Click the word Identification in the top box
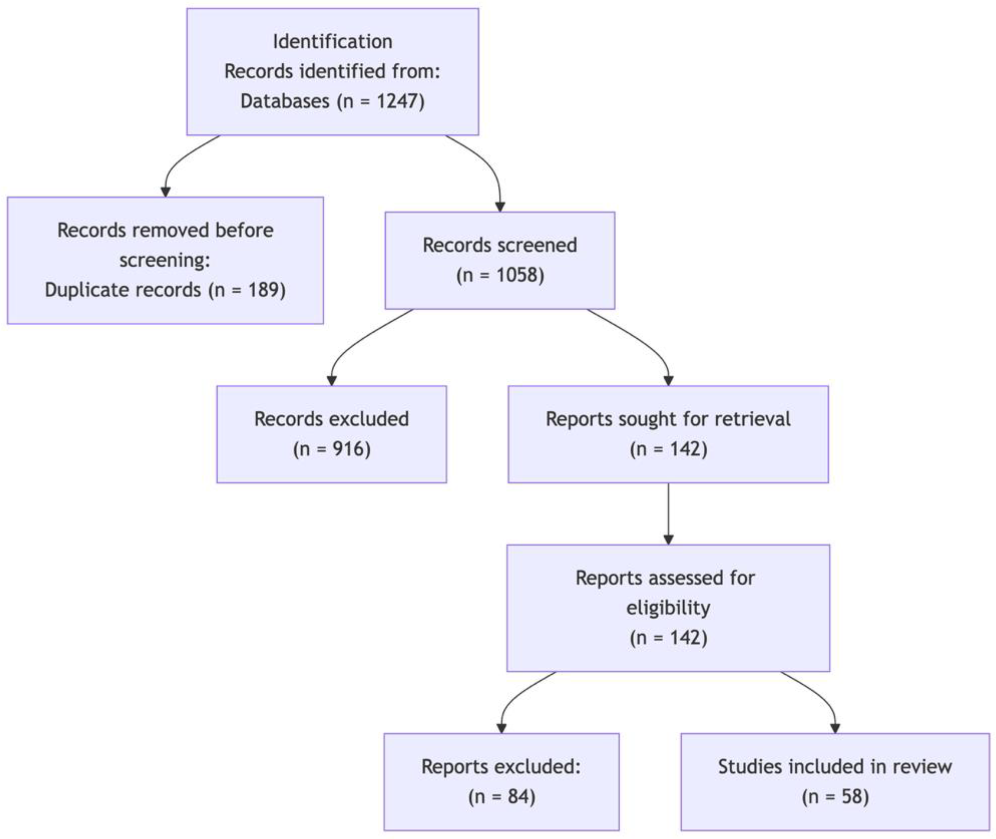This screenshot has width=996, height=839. point(332,42)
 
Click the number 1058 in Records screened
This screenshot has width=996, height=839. point(517,275)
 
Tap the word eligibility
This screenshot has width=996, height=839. point(668,608)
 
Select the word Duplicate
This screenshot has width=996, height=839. point(123,290)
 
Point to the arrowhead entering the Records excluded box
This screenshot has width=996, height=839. point(332,381)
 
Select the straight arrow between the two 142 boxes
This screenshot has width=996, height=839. point(668,514)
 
